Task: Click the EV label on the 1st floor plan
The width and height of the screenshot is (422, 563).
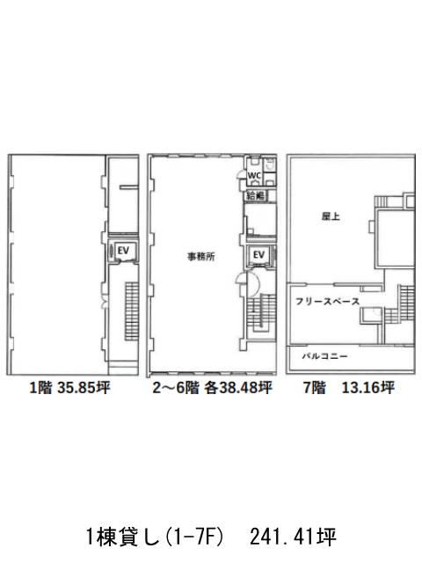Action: pos(123,250)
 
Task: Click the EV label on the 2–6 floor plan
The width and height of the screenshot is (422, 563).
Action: pos(258,254)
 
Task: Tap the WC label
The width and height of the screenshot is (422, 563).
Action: pos(254,176)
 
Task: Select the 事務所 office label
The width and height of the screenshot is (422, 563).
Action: pos(201,256)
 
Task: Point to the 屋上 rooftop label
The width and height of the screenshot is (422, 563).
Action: pos(331,216)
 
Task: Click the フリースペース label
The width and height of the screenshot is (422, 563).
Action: pos(327,301)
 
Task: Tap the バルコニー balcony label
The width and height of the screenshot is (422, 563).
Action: pos(324,356)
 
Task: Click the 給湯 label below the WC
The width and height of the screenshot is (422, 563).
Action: pos(256,195)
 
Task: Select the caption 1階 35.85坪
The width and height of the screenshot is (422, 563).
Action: pos(69,388)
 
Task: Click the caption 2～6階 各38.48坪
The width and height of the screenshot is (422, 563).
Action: pos(212,388)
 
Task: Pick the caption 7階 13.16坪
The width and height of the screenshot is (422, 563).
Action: pos(349,388)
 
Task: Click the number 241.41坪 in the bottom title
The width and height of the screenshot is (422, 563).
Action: pos(293,537)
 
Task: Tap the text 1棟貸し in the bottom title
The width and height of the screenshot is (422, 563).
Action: pos(123,537)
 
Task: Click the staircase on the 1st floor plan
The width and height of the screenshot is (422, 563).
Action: pos(132,311)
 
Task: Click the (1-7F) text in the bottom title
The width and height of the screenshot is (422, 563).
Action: pos(195,537)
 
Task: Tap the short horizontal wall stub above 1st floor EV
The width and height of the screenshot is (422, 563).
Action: pos(129,186)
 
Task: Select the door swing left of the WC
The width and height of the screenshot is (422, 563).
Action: pos(240,175)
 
